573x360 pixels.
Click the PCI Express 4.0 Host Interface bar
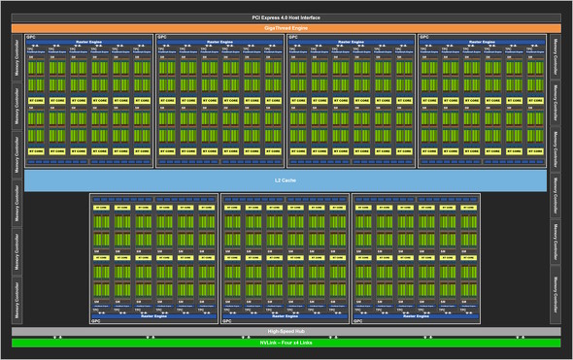(x=286, y=18)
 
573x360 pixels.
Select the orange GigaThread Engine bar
(x=286, y=27)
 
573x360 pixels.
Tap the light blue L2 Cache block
(x=286, y=180)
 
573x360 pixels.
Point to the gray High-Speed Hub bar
(x=286, y=331)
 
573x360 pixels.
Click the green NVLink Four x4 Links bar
(x=286, y=342)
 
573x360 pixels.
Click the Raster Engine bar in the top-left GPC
(x=88, y=42)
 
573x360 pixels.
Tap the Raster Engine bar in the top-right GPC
(x=481, y=42)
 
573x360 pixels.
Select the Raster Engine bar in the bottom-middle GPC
(x=286, y=315)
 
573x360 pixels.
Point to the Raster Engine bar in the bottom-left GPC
(x=153, y=315)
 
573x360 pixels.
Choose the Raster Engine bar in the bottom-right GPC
(x=417, y=315)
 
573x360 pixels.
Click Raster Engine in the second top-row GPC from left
(x=219, y=42)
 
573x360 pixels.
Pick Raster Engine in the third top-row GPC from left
(x=351, y=42)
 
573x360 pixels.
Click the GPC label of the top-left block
(x=30, y=37)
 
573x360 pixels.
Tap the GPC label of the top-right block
(x=423, y=37)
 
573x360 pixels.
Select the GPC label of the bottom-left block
(x=95, y=320)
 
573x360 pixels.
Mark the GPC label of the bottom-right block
(x=358, y=320)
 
